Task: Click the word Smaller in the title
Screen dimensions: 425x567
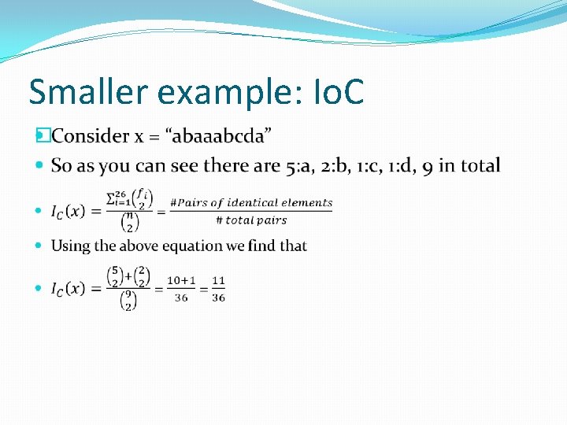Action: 88,92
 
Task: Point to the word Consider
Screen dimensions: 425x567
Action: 91,136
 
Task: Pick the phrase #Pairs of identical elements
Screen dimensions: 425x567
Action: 251,202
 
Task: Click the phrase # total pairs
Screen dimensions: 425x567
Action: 251,220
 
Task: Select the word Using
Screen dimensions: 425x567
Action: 71,246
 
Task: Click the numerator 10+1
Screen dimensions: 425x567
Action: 181,281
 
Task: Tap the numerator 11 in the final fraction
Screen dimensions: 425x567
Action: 218,281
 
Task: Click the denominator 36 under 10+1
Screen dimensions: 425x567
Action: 181,298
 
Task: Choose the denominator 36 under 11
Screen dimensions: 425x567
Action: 218,298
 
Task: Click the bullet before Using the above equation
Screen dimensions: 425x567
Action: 41,246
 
